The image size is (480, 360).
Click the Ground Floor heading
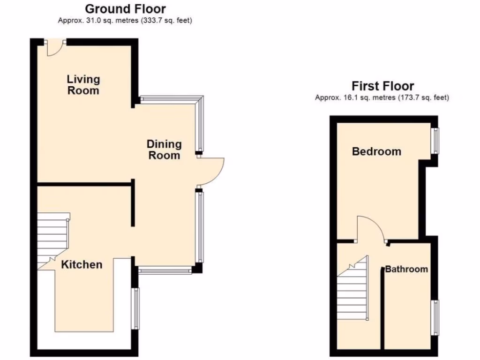125,8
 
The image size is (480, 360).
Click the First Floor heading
382,86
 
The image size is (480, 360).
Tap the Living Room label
83,85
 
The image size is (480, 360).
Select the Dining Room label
164,150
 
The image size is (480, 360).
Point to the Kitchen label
82,264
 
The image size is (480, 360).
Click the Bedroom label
376,151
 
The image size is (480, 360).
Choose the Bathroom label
406,269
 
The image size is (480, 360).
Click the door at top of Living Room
55,47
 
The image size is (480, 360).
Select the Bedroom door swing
370,228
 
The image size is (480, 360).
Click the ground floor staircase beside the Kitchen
52,239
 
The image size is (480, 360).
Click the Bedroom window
436,141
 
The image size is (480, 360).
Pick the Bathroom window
435,317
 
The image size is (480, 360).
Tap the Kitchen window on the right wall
135,308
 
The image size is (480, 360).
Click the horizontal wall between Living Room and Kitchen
83,184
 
